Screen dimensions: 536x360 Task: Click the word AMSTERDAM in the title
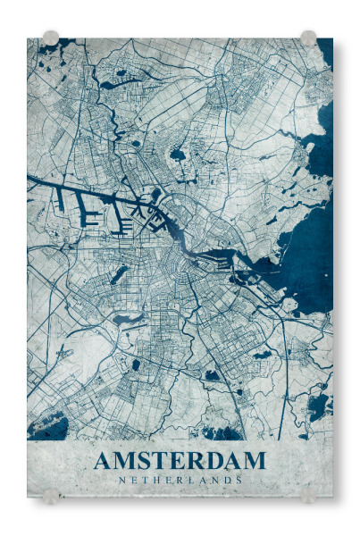[x=180, y=461]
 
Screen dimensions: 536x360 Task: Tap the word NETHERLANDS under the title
[x=180, y=480]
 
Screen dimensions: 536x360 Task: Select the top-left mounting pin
[x=51, y=38]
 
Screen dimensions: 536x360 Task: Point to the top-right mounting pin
[x=308, y=38]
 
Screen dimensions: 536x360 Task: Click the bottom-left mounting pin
[x=51, y=495]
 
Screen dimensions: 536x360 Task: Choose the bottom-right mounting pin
[x=308, y=495]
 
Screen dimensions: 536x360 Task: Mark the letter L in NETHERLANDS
[x=190, y=480]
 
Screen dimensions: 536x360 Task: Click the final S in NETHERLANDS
[x=239, y=480]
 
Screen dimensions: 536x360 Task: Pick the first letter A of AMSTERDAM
[x=103, y=461]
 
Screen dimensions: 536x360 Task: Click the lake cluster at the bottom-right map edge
[x=317, y=406]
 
